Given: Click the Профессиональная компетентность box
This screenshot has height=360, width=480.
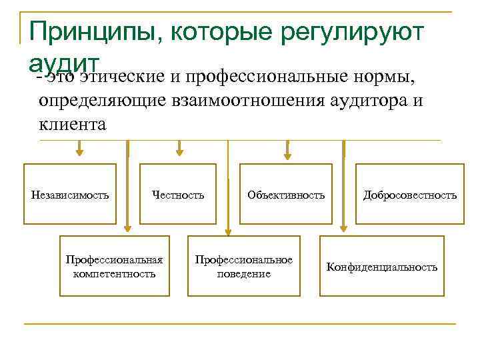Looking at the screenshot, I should [115, 266].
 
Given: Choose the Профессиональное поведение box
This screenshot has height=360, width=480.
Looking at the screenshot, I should [244, 266].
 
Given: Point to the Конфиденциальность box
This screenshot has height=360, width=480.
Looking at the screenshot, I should [381, 267].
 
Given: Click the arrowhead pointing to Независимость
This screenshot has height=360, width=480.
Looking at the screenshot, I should [79, 152].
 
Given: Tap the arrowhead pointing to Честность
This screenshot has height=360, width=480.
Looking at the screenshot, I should [178, 152].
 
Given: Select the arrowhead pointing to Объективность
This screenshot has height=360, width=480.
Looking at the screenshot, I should [288, 156].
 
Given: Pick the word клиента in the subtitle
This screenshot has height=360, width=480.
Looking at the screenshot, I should [73, 123].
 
